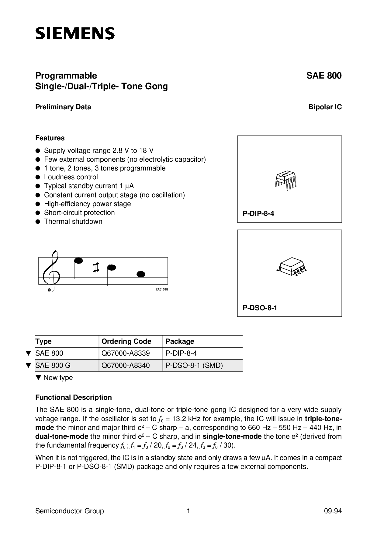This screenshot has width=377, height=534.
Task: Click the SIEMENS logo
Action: pyautogui.click(x=75, y=33)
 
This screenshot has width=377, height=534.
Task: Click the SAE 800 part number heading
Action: pyautogui.click(x=324, y=76)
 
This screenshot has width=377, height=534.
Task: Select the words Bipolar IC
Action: pyautogui.click(x=325, y=107)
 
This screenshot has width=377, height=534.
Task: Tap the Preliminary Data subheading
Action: pyautogui.click(x=63, y=107)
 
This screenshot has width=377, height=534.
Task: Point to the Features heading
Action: pyautogui.click(x=50, y=138)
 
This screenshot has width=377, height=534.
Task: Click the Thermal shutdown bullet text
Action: pyautogui.click(x=73, y=222)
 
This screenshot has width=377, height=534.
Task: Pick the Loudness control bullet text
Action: pyautogui.click(x=71, y=177)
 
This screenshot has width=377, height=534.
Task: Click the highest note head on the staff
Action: pyautogui.click(x=78, y=261)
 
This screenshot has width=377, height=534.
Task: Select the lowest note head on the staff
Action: pyautogui.click(x=141, y=274)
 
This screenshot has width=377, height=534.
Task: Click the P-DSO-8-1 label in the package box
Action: pyautogui.click(x=260, y=308)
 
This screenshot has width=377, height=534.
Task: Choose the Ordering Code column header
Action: pyautogui.click(x=126, y=341)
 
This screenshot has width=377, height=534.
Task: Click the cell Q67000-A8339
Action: pyautogui.click(x=126, y=353)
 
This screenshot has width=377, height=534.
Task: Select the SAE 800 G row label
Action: pyautogui.click(x=53, y=365)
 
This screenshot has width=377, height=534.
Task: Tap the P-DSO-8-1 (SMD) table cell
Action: pyautogui.click(x=194, y=365)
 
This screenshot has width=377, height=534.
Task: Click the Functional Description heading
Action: pyautogui.click(x=74, y=398)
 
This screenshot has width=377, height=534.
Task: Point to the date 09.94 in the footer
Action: pyautogui.click(x=333, y=511)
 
